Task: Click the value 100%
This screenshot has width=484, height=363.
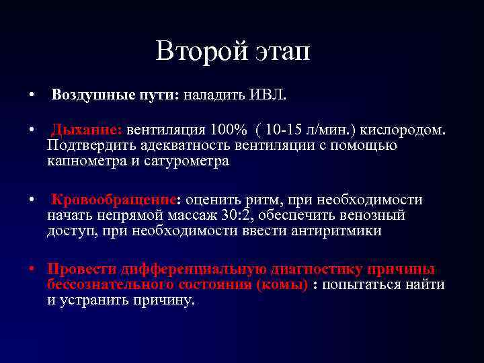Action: coord(233,128)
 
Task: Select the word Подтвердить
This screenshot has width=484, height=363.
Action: coord(91,145)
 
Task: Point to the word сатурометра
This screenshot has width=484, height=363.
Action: coord(189,161)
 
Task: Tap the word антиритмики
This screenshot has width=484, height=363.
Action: coord(336,231)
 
